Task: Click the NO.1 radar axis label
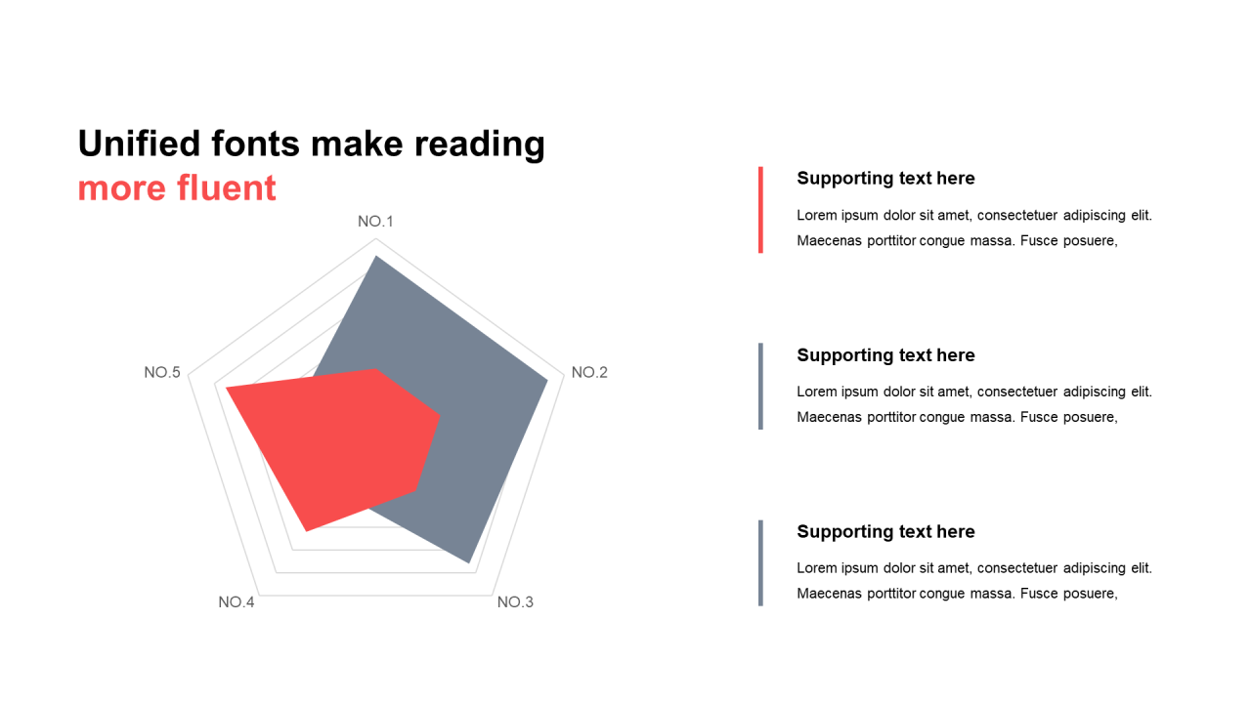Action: [375, 222]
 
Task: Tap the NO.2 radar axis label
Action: [589, 372]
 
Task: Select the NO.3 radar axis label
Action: [515, 602]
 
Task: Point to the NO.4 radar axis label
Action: [237, 602]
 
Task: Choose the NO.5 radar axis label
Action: [162, 372]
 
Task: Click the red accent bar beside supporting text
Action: [760, 210]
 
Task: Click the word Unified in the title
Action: [139, 144]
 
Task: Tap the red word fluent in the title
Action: [227, 187]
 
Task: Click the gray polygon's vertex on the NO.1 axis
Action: [376, 256]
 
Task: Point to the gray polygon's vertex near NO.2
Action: [547, 380]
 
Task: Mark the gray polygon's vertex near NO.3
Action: [469, 562]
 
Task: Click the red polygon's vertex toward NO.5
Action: [226, 388]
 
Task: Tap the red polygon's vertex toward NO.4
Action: [306, 531]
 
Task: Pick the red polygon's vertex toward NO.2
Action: [440, 415]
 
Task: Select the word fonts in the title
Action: [256, 144]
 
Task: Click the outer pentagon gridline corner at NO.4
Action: [260, 596]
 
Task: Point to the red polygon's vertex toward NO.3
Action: [416, 491]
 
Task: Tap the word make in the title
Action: [357, 144]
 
